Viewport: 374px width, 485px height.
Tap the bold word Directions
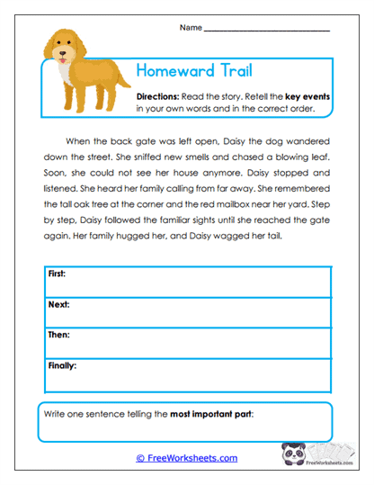pos(158,95)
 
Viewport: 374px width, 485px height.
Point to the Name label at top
pos(191,28)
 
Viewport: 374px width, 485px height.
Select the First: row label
pos(57,273)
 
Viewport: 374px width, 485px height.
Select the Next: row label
pos(58,304)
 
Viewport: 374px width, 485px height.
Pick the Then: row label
pos(58,335)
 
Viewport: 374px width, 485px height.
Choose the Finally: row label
pos(62,366)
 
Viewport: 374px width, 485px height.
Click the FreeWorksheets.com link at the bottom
pos(186,458)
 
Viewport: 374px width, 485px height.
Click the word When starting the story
pos(80,142)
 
